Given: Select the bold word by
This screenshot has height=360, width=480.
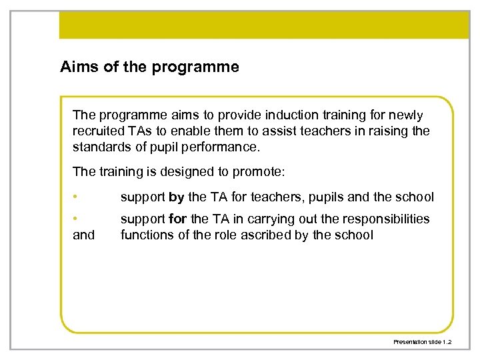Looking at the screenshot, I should (177, 197).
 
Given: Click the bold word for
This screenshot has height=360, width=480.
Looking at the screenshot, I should (178, 219).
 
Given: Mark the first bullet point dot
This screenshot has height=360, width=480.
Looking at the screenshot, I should (76, 197).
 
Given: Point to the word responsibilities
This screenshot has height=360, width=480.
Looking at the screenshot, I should (387, 219).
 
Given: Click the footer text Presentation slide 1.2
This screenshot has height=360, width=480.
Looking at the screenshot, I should (422, 341).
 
